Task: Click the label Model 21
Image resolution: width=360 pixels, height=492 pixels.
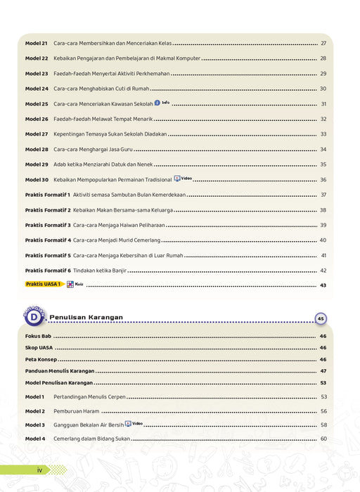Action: pos(37,44)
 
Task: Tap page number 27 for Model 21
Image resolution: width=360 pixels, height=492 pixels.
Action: pos(323,44)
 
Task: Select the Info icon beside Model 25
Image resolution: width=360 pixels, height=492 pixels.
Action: pos(162,103)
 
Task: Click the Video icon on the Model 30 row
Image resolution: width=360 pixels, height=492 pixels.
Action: pos(182,179)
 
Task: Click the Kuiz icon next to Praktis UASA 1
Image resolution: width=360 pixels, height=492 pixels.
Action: pos(75,285)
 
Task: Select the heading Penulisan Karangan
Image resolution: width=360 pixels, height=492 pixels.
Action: pos(86,318)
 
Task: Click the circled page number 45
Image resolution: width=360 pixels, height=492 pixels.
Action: pos(321,318)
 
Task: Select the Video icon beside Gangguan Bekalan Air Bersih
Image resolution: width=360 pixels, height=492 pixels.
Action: pos(134,424)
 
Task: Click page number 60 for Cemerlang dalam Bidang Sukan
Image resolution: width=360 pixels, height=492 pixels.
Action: pos(323,439)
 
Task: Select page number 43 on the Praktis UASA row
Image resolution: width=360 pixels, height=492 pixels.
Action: pos(323,285)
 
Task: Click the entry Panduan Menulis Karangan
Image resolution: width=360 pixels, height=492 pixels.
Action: pos(60,370)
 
